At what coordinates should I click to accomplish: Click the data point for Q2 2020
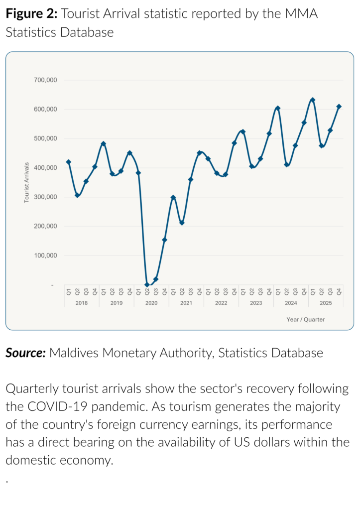click(147, 284)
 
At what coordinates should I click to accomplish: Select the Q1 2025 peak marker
click(313, 100)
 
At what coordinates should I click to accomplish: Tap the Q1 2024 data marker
click(278, 108)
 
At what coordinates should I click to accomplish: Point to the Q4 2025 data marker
click(339, 107)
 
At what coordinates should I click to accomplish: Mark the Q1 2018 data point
click(69, 162)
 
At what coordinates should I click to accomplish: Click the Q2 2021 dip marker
click(182, 223)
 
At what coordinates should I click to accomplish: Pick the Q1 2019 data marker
click(104, 143)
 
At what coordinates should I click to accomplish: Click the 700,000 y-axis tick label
click(45, 80)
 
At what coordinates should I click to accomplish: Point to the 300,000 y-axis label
click(45, 197)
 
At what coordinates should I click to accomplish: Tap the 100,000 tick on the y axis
click(45, 255)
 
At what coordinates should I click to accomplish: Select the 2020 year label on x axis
click(151, 303)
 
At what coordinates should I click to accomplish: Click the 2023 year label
click(256, 303)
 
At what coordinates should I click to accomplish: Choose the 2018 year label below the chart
click(82, 303)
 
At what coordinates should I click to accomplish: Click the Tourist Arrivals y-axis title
click(27, 182)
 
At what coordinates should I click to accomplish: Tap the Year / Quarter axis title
click(306, 319)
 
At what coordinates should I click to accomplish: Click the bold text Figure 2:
click(32, 13)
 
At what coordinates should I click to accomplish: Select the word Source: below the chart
click(26, 353)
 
